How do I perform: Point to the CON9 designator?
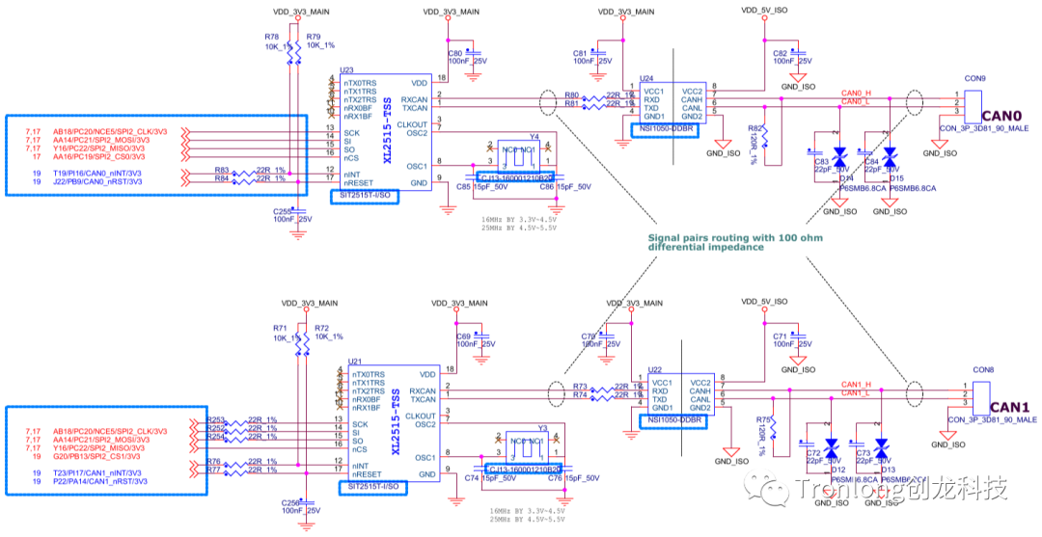pos(974,78)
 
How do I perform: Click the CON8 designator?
pos(983,370)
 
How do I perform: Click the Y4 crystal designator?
pos(534,137)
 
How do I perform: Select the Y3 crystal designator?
pos(542,427)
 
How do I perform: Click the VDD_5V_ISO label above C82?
pos(764,10)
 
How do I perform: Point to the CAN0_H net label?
pos(857,94)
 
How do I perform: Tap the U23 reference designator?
pos(346,69)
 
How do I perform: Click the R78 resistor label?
pos(271,36)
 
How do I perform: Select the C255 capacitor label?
pos(282,210)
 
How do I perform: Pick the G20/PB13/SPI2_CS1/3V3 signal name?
pos(97,456)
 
